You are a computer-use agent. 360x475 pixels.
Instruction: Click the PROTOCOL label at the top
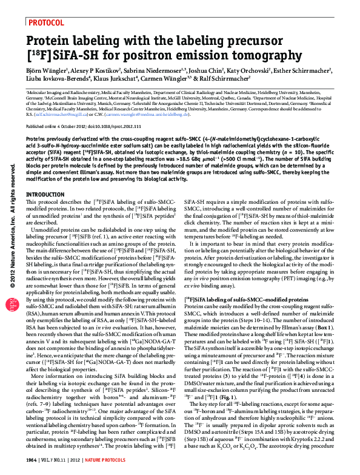coord(46,22)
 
